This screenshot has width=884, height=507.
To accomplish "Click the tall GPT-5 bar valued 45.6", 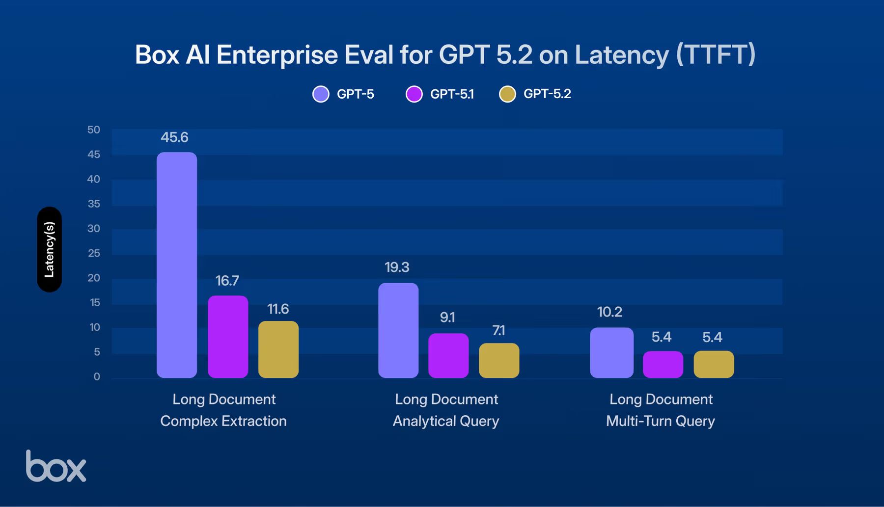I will (177, 265).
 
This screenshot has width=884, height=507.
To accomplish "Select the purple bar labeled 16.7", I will (228, 337).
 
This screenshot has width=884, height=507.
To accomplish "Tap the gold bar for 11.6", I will (278, 349).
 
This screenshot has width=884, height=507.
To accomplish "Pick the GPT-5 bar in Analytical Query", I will (398, 330).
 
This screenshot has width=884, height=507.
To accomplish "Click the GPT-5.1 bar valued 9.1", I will (448, 355).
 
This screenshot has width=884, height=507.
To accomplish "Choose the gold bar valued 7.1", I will (499, 360).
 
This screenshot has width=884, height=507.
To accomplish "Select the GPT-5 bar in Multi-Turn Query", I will (611, 352).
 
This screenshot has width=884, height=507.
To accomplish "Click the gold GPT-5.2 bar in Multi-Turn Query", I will (714, 364).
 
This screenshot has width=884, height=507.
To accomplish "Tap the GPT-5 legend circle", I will (321, 94).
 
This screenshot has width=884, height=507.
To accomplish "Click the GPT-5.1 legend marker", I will (414, 94).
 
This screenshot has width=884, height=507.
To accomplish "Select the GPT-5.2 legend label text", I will (547, 94).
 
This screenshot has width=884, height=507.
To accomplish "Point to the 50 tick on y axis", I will (93, 130).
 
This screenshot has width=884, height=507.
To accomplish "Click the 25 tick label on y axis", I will (93, 253).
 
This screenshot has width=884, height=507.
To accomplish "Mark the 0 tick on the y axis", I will (97, 376).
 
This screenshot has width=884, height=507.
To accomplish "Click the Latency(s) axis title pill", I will (49, 249).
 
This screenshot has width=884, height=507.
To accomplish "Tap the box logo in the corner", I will (55, 466).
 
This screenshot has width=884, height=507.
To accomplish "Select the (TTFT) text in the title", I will (716, 54).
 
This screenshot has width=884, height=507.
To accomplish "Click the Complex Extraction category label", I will (223, 421).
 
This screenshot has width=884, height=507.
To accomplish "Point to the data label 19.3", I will (397, 267).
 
